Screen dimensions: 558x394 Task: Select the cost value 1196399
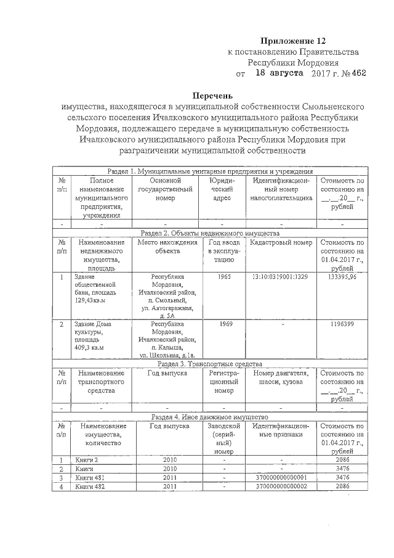pyautogui.click(x=342, y=324)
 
